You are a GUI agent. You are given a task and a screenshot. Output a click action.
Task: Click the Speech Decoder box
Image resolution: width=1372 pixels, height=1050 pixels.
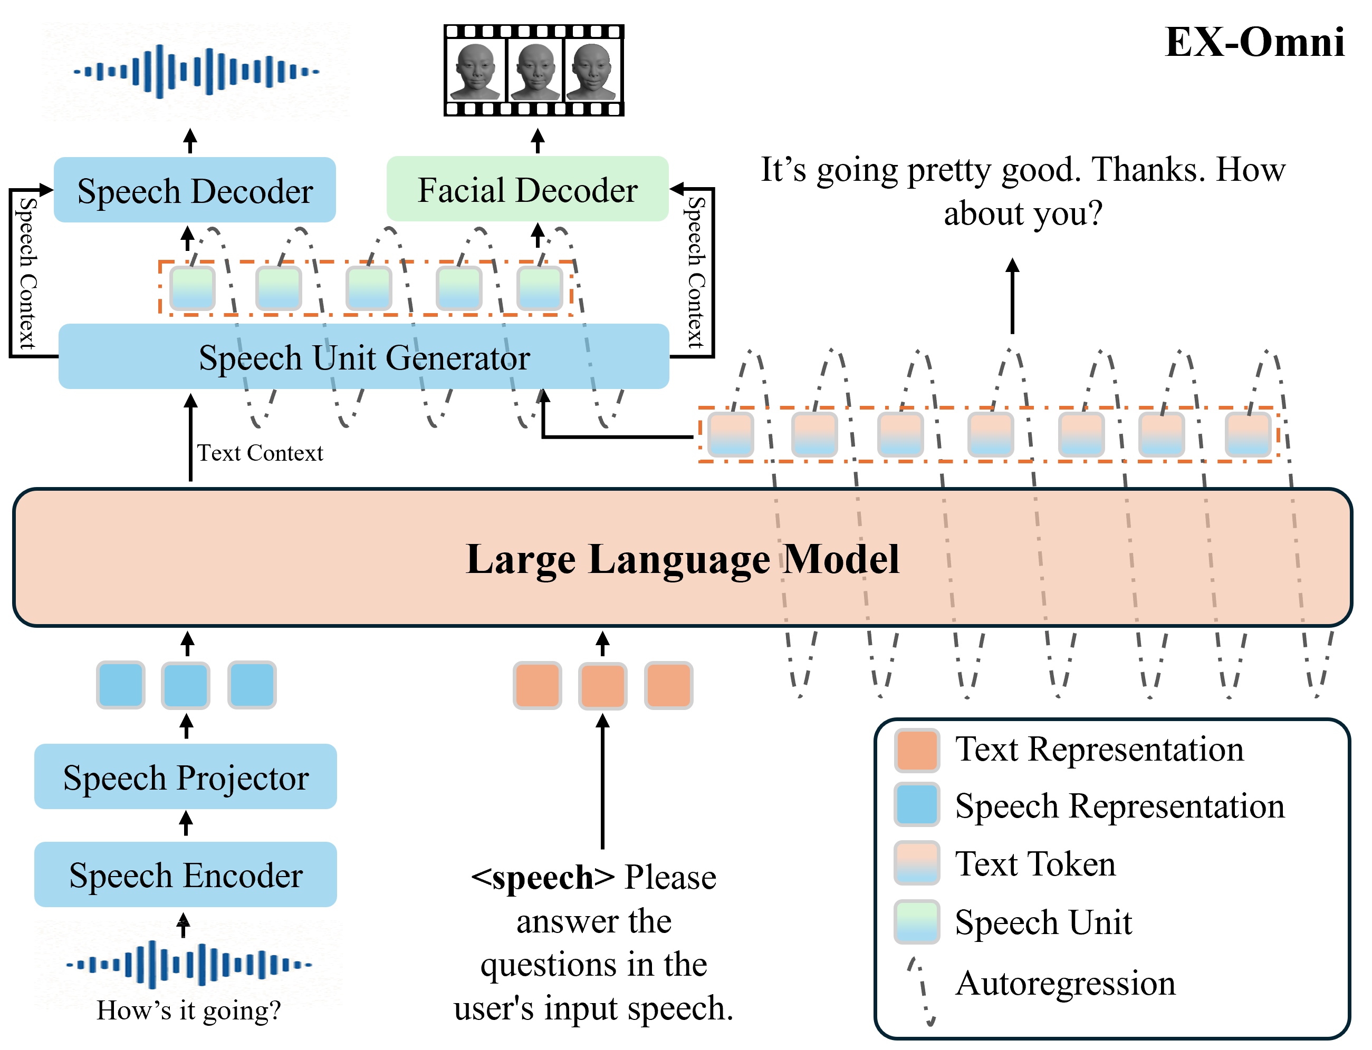point(195,190)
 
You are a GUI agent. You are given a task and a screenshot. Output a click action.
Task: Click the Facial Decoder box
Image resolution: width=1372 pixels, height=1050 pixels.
point(527,189)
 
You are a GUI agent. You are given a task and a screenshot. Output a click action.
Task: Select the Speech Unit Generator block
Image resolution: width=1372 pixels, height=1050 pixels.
point(364,357)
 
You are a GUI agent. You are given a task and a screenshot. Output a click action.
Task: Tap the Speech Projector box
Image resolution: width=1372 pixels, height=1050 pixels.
point(186,777)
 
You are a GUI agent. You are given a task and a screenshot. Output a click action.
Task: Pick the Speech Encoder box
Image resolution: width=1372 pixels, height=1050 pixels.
point(186,875)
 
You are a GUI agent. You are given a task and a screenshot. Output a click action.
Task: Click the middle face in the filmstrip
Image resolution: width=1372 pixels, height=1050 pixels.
point(536,71)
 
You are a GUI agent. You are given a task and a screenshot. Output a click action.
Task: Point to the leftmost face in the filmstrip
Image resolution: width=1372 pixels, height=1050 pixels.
point(475,71)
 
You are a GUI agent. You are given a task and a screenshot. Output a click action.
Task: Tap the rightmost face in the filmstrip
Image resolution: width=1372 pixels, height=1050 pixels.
point(591,71)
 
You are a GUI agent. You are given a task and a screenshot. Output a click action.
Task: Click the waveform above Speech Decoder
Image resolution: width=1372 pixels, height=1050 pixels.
point(196,71)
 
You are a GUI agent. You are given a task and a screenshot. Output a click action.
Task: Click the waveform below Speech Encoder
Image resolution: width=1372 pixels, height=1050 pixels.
point(188,965)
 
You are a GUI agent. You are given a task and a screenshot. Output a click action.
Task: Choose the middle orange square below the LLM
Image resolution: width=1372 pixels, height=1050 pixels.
point(603,686)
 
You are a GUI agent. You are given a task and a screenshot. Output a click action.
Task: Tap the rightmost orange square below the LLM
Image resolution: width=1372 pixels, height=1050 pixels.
point(668,685)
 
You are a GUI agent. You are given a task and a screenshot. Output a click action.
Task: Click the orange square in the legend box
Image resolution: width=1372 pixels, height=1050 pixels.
point(917,751)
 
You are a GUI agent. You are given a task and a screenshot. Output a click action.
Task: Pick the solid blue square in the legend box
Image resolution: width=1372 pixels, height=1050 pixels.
point(917,804)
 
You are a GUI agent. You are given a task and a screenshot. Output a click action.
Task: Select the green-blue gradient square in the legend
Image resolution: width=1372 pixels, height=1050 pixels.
point(917,922)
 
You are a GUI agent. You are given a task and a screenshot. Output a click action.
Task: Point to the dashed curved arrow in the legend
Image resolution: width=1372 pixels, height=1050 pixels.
point(922,990)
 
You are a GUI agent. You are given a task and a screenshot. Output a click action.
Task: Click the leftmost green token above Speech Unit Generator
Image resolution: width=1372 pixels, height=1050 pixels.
point(193,288)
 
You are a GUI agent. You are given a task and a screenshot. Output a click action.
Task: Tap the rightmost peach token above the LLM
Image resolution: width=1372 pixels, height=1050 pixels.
point(1248,434)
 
